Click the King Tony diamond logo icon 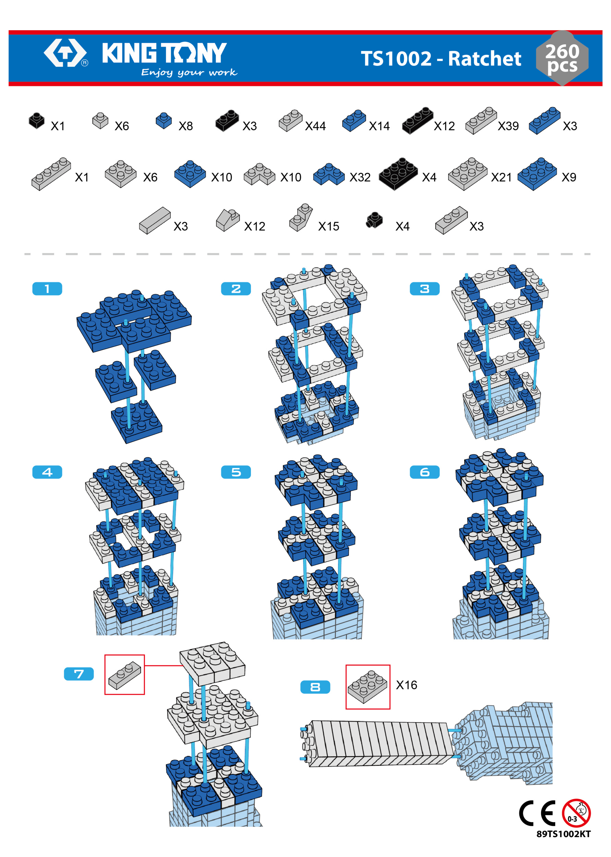65,53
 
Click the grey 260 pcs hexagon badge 562,58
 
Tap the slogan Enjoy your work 189,73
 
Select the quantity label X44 315,126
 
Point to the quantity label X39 508,126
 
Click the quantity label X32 360,177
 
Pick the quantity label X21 502,177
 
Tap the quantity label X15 329,226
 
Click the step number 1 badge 47,289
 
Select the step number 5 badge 236,472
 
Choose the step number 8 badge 315,687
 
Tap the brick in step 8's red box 368,687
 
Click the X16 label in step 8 407,685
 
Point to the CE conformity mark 538,813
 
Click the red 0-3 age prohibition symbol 576,813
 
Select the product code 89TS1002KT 564,834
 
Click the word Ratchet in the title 484,59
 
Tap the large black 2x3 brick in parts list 398,174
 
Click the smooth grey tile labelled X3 155,220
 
